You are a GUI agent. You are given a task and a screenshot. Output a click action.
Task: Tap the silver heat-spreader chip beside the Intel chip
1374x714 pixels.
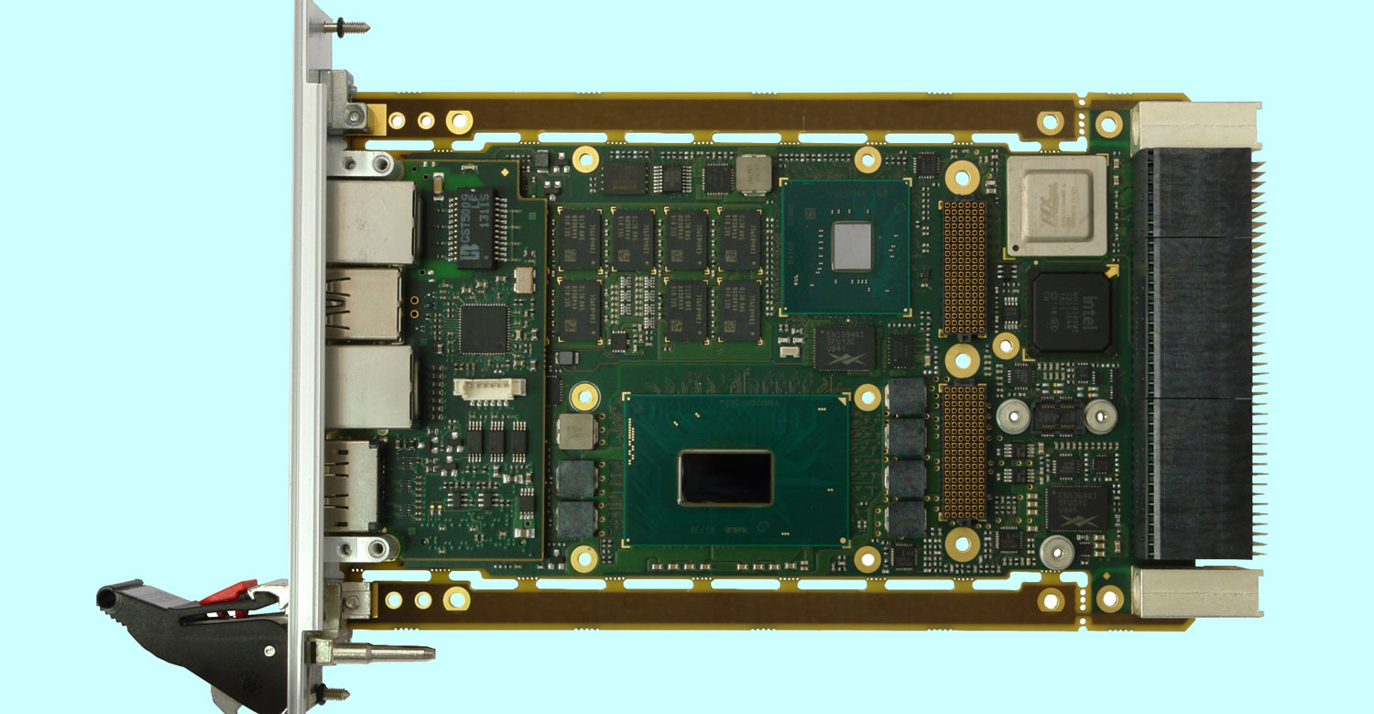coord(1056,204)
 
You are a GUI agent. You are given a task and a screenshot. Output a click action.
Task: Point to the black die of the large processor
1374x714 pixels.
coord(725,478)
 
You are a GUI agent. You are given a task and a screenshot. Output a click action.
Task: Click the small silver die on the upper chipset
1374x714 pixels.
coord(852,246)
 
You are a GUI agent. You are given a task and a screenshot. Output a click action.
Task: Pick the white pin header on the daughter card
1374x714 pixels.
coord(488,388)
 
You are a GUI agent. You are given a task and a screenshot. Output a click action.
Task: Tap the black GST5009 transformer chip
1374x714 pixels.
coord(474,229)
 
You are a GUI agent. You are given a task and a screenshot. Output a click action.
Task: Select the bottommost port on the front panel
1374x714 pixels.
coord(353,486)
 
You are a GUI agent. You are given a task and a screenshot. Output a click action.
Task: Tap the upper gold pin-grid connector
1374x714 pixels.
coord(965,267)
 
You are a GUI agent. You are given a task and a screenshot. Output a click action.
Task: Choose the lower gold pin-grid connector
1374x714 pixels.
coord(965,451)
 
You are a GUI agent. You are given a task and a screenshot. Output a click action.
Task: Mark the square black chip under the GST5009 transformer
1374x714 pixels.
coord(484,328)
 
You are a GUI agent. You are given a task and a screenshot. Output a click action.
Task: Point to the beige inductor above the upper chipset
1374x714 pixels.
coord(754,173)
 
